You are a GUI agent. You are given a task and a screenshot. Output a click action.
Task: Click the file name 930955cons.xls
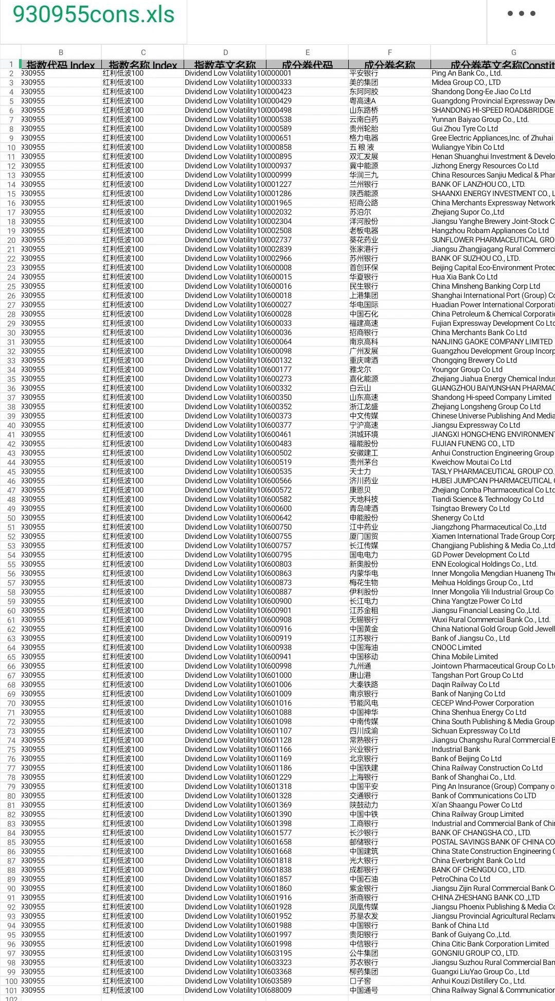(x=94, y=14)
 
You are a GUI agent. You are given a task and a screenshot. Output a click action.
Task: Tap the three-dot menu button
(x=522, y=13)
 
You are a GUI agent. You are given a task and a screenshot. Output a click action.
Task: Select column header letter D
(x=225, y=52)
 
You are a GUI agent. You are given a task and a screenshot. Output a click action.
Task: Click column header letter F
(x=389, y=52)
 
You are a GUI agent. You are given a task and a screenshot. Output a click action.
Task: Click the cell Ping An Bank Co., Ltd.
(x=467, y=73)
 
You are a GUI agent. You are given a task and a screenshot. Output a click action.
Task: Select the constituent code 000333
(x=279, y=82)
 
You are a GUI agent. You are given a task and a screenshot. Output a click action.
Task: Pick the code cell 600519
(x=279, y=462)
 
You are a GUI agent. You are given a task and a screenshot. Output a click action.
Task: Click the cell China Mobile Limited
(x=464, y=657)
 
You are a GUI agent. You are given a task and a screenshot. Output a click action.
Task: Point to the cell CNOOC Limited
(x=456, y=647)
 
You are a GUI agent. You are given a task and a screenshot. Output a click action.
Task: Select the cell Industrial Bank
(x=456, y=749)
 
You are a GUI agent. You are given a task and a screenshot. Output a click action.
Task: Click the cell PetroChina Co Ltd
(x=461, y=879)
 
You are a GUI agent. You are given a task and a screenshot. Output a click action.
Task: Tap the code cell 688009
(x=279, y=990)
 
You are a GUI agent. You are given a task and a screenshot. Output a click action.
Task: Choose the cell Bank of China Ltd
(x=460, y=925)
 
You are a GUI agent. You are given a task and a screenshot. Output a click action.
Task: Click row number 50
(x=11, y=518)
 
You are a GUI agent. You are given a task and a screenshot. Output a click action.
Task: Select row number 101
(x=11, y=991)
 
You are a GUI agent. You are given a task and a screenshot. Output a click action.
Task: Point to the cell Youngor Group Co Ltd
(x=467, y=370)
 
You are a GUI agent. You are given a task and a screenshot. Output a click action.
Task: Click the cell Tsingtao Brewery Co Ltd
(x=470, y=508)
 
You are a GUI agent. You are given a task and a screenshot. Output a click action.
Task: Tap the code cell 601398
(x=279, y=823)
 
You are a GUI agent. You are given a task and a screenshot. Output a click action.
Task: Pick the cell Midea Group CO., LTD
(x=466, y=82)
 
